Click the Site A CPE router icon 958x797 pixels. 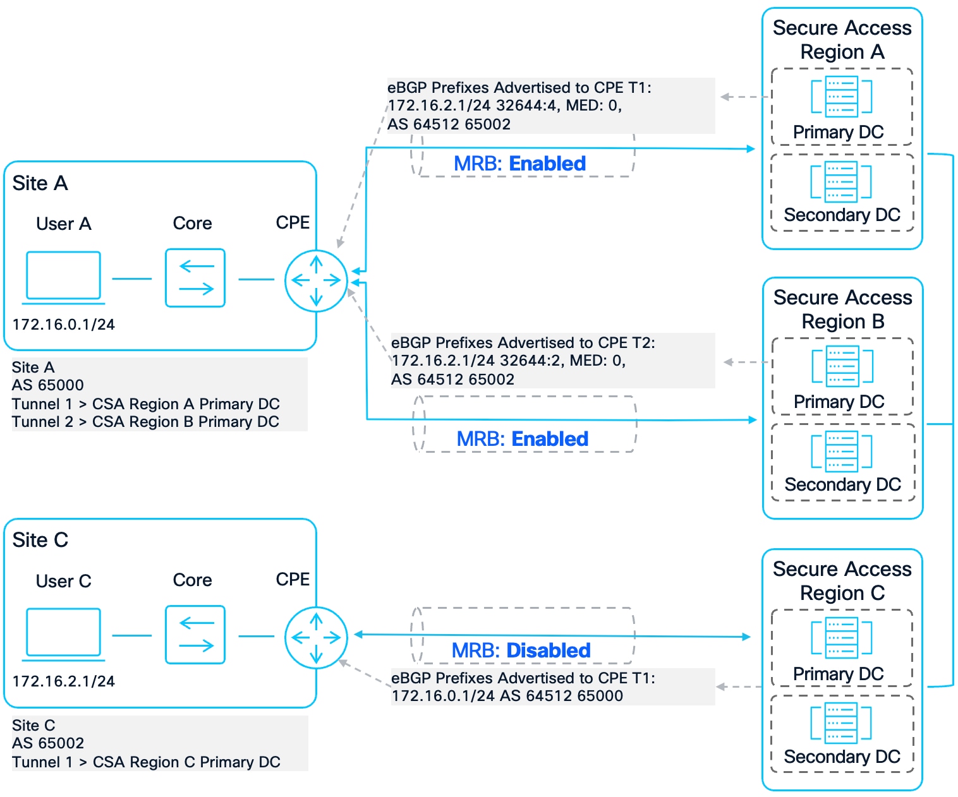coord(316,280)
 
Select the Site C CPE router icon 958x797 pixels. coord(316,637)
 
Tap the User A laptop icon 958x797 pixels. coord(63,277)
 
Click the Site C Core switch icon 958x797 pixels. coord(195,635)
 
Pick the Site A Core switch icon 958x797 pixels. coord(195,278)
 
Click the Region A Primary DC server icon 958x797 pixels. coord(841,97)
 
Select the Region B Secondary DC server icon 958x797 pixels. coord(841,452)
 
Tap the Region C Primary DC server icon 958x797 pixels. coord(841,637)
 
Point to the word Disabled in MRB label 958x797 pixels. coord(548,650)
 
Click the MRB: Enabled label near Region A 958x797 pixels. coord(519,164)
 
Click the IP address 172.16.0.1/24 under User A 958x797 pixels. coord(63,325)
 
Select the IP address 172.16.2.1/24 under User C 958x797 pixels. coord(63,681)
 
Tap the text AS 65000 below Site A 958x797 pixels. coord(48,385)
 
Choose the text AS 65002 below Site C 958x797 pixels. coord(48,743)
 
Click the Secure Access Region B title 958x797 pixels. coord(842,309)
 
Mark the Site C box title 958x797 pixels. coord(40,540)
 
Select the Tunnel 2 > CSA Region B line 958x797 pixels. coord(145,422)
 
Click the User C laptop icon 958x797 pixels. coord(63,633)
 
